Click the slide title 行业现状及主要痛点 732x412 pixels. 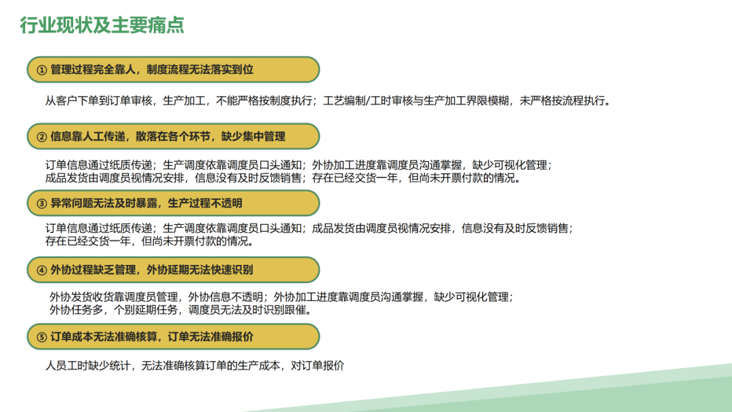pos(102,26)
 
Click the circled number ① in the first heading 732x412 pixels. pos(41,70)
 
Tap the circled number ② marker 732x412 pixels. pos(41,136)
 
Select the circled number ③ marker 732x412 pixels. pos(41,203)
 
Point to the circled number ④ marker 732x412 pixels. pos(41,270)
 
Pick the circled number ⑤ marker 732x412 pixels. pos(41,337)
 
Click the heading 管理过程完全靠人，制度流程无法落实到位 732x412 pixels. pos(152,70)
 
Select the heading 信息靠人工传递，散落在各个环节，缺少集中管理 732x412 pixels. pos(168,136)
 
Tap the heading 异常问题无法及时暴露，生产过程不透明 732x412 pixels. pos(146,203)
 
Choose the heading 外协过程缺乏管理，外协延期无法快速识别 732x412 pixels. pos(152,270)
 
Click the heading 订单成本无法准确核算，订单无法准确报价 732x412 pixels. pos(152,337)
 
